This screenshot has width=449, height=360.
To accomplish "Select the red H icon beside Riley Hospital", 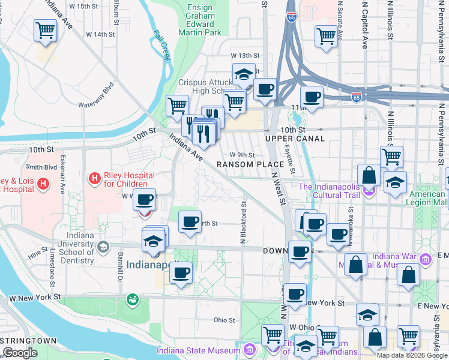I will pos(94,178).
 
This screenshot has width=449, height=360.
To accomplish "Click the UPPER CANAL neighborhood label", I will pos(295,139).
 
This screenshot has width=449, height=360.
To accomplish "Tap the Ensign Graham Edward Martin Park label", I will pos(200,17).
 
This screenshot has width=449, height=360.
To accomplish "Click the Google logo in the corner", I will pos(20,352).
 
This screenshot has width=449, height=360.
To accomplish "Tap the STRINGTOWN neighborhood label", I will pos(28,341).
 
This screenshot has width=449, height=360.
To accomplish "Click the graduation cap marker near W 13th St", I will pos(244,74).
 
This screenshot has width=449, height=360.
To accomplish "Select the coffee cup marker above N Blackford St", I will pos(190,223).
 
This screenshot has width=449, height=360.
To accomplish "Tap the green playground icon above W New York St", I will pos(131,298).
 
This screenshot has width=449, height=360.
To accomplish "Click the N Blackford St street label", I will pos(244,223).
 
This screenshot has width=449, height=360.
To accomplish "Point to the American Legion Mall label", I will pos(427,199).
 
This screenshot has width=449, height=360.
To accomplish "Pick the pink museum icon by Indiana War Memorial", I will pos(426,260).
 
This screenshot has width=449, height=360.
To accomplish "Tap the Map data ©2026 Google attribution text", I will pos(411,355).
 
